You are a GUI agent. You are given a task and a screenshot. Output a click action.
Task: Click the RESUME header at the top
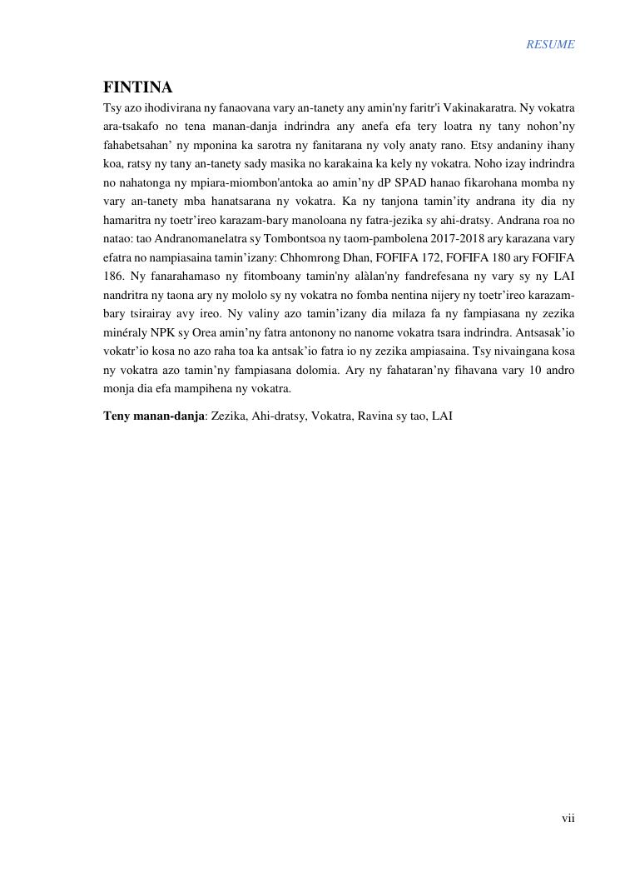pos(549,45)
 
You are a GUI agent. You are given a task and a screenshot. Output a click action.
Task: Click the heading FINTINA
pos(138,88)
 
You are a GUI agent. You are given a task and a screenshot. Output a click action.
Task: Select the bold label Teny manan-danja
pos(153,415)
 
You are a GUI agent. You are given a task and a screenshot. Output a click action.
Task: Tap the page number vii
pos(568,818)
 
